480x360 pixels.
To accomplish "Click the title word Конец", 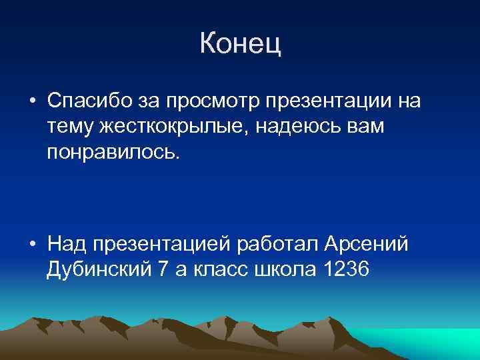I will pyautogui.click(x=240, y=45).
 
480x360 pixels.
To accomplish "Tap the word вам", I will pyautogui.click(x=365, y=127).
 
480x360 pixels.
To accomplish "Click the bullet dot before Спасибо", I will pyautogui.click(x=32, y=102).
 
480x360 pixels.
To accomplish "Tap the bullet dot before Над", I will pyautogui.click(x=32, y=245).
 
